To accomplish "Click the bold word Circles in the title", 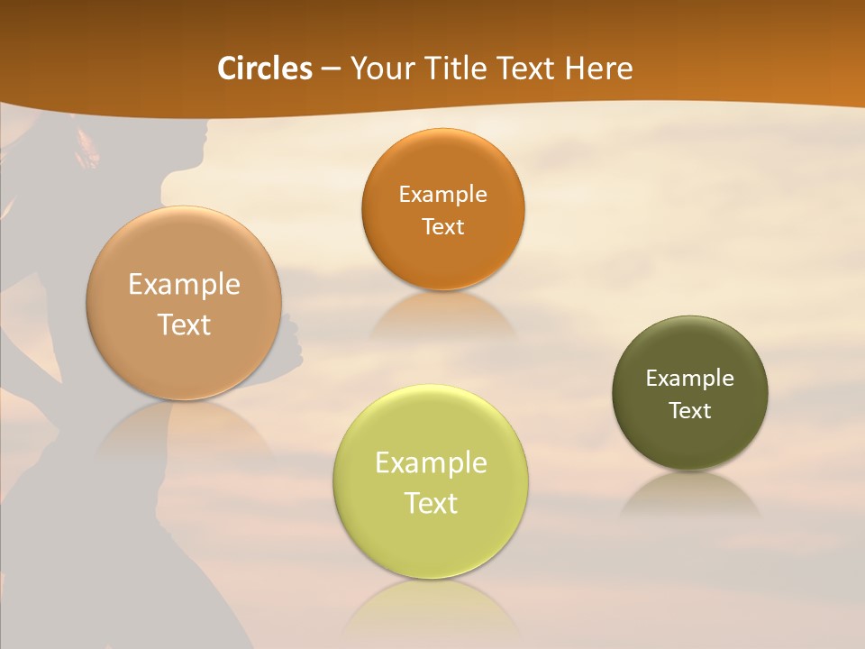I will click(x=265, y=69).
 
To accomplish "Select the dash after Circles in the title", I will click(x=331, y=69).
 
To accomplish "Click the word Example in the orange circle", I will click(x=442, y=195).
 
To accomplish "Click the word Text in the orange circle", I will click(x=442, y=226).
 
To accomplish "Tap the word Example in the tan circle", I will click(x=184, y=285).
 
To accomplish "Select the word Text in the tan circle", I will click(x=184, y=324).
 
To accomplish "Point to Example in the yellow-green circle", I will click(x=430, y=463).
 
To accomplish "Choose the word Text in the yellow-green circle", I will click(x=430, y=503).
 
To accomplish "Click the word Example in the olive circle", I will click(x=689, y=379).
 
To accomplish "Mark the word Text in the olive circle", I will click(x=689, y=411).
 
